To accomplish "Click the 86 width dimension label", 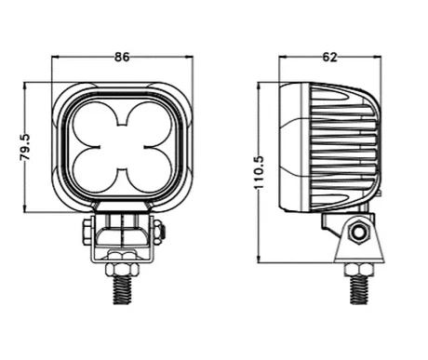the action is pyautogui.click(x=122, y=57).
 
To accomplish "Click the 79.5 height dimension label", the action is pyautogui.click(x=24, y=147).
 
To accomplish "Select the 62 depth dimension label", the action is pyautogui.click(x=329, y=57).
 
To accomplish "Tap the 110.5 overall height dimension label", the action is pyautogui.click(x=259, y=172).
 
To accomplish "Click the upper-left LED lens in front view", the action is pyautogui.click(x=95, y=125).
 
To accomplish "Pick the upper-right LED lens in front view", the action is pyautogui.click(x=149, y=125).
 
